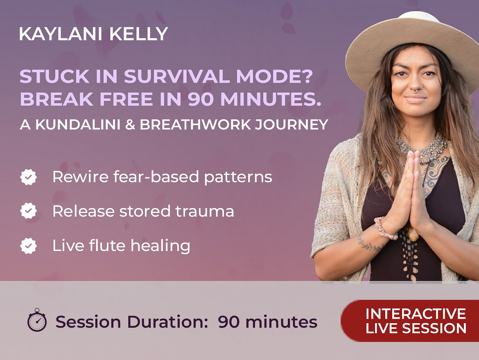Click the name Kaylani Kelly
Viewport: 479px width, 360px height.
click(93, 34)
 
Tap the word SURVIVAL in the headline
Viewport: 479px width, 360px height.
click(177, 76)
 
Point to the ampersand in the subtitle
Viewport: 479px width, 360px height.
click(130, 125)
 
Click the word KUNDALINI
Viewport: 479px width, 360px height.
click(78, 125)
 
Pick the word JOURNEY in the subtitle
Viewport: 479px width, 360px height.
click(291, 125)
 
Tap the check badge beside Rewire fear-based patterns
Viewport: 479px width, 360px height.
click(28, 177)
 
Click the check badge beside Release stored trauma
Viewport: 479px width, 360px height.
click(28, 211)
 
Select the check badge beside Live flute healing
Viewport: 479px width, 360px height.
click(28, 246)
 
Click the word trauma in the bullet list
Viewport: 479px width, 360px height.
click(205, 211)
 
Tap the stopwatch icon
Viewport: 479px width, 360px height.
click(37, 320)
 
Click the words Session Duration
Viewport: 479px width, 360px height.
click(132, 322)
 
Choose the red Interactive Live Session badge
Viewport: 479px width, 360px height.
click(410, 321)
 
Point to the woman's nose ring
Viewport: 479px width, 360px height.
click(415, 90)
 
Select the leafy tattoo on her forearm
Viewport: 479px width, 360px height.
click(368, 244)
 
